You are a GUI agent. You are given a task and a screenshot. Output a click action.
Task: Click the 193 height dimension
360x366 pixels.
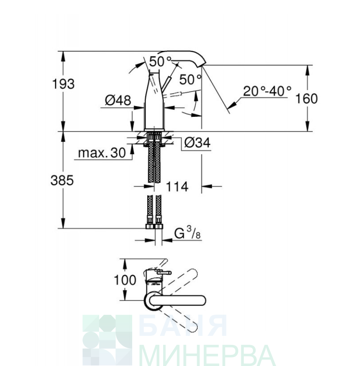pyautogui.click(x=63, y=84)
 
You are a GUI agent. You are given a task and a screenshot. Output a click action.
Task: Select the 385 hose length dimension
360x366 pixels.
pyautogui.click(x=62, y=180)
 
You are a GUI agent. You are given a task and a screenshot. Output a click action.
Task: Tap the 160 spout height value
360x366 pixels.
pyautogui.click(x=306, y=98)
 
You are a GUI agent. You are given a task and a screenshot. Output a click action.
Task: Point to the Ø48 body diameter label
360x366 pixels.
pyautogui.click(x=118, y=100)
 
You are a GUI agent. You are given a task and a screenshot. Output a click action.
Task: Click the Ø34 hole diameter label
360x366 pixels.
pyautogui.click(x=197, y=142)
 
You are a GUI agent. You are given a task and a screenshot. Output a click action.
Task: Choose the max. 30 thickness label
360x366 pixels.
pyautogui.click(x=102, y=153)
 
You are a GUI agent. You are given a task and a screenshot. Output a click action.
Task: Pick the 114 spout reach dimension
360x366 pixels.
pyautogui.click(x=177, y=187)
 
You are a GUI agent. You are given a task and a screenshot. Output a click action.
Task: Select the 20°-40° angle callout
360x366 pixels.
pyautogui.click(x=267, y=91)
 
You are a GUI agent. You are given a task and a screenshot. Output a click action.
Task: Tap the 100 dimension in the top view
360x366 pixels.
pyautogui.click(x=125, y=280)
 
